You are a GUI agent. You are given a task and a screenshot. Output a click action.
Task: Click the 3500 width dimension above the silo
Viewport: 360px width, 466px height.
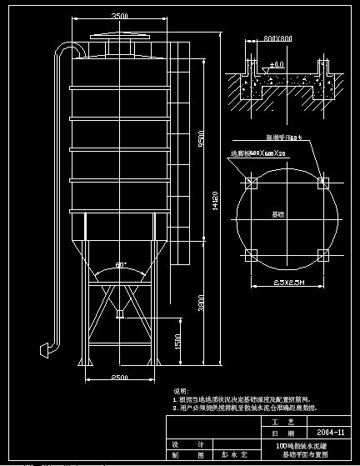coord(120,17)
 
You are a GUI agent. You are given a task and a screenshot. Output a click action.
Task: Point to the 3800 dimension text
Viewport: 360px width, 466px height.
coord(201,306)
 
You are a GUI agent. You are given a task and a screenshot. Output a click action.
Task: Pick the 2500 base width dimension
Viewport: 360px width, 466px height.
coord(120,378)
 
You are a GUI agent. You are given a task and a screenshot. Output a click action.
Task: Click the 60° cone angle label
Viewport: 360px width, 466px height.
coord(121,265)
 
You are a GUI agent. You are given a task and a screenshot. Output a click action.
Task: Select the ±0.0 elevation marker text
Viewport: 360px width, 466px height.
coord(277,64)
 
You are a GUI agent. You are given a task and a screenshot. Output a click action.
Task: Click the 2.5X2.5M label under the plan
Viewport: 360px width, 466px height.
coord(288,283)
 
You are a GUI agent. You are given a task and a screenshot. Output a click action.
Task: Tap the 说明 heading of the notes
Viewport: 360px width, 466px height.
coord(180,390)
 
